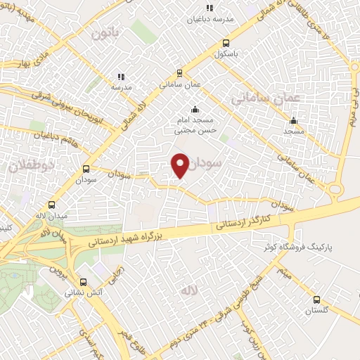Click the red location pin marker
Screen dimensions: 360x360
click(x=180, y=165)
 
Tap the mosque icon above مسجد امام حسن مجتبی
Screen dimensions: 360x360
click(x=195, y=109)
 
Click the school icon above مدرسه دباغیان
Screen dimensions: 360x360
click(x=209, y=8)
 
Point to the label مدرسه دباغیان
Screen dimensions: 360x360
click(x=209, y=19)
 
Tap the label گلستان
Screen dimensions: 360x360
click(x=316, y=310)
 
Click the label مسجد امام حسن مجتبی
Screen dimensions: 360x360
click(x=195, y=126)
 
